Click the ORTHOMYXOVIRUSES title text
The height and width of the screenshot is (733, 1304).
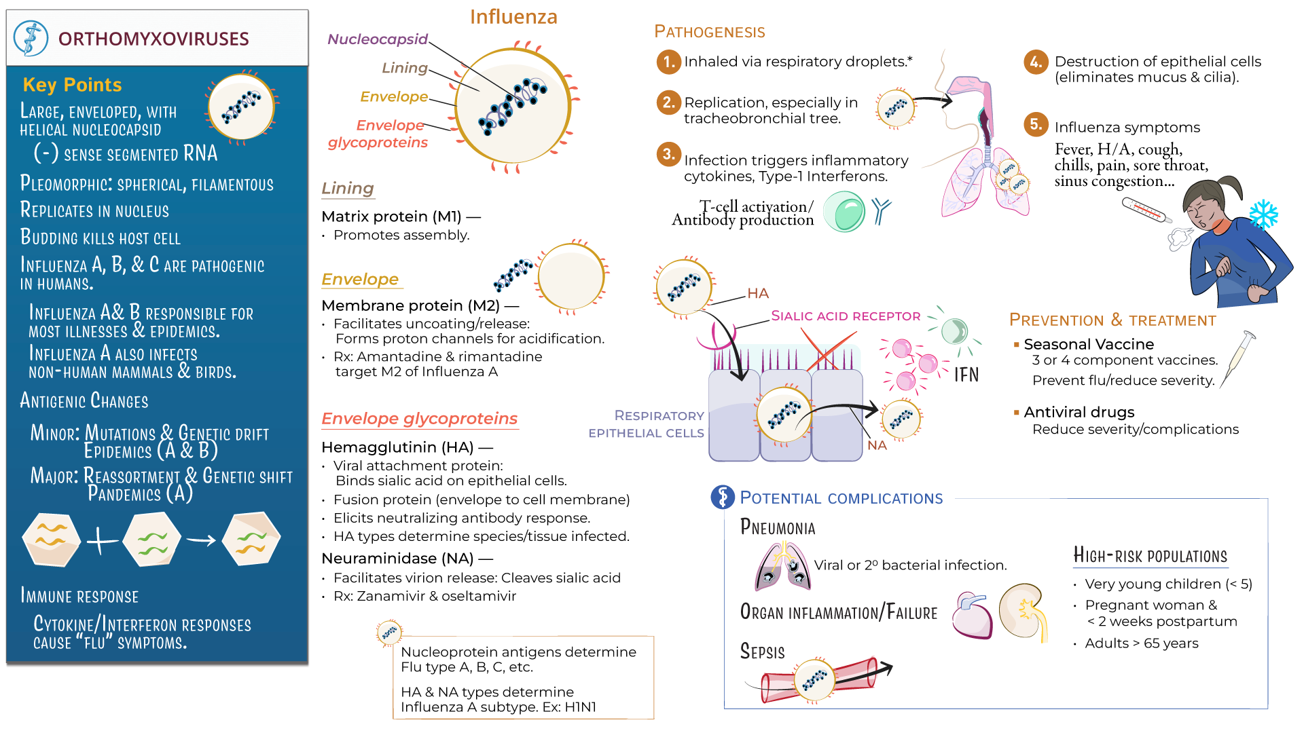pos(153,39)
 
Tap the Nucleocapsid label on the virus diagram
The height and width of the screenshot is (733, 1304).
pos(378,39)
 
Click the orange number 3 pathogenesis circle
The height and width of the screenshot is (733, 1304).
pos(668,154)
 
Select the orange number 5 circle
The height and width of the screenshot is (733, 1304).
pos(1035,124)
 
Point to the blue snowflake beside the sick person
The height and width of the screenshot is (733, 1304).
pos(1263,214)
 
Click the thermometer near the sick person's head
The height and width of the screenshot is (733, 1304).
pos(1146,210)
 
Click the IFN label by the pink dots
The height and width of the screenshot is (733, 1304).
pos(966,375)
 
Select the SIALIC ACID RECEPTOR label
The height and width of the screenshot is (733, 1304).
pos(846,316)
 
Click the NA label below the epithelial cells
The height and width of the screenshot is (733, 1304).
pos(877,445)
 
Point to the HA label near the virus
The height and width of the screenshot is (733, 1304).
pos(758,293)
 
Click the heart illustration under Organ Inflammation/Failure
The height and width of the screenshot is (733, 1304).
pos(973,615)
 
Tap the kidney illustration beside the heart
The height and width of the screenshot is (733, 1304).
pos(1023,611)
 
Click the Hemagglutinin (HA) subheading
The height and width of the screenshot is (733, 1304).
pos(398,447)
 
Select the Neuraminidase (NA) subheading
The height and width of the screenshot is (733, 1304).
pos(398,559)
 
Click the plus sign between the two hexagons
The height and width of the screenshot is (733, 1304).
pos(102,541)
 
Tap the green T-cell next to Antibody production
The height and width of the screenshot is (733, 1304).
pos(844,212)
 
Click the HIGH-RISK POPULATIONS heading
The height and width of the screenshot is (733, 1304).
pos(1150,556)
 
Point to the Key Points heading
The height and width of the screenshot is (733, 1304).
pos(72,85)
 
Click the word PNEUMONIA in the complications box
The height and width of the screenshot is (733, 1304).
pos(778,527)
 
